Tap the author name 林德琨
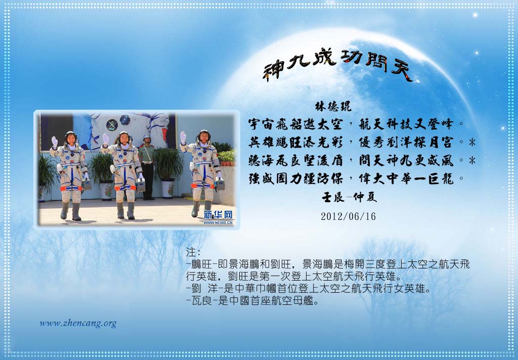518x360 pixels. coord(333,106)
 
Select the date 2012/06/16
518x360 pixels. coord(348,216)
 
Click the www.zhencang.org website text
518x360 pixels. coord(78,323)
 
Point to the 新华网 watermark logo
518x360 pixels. coord(218,217)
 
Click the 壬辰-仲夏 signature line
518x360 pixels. coord(349,197)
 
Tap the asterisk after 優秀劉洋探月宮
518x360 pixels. coord(472,143)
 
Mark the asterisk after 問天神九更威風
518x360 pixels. coord(472,161)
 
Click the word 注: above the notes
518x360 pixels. coord(193,252)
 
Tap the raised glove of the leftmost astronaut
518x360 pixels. coord(55,142)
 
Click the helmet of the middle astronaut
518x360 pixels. coord(124,138)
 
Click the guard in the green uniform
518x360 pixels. coord(147,167)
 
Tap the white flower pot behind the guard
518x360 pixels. coord(168,188)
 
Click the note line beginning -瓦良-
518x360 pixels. coord(252,301)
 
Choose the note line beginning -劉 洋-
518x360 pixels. coord(309,289)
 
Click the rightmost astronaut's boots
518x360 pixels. coord(202,208)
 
